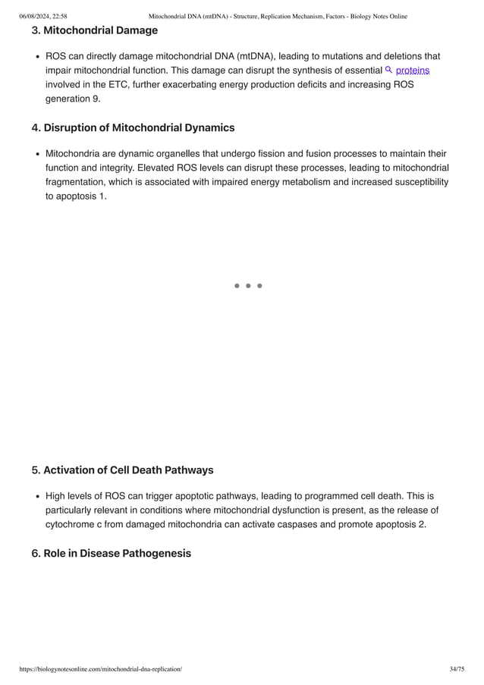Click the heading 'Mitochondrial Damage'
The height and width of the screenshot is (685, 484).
100,30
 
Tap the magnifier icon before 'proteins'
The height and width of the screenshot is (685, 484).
389,70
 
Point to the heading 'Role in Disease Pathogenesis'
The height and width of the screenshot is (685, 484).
117,553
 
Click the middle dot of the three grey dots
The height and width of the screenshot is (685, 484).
248,286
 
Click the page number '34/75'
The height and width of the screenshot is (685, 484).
457,668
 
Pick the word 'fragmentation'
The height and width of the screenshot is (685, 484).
78,182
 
